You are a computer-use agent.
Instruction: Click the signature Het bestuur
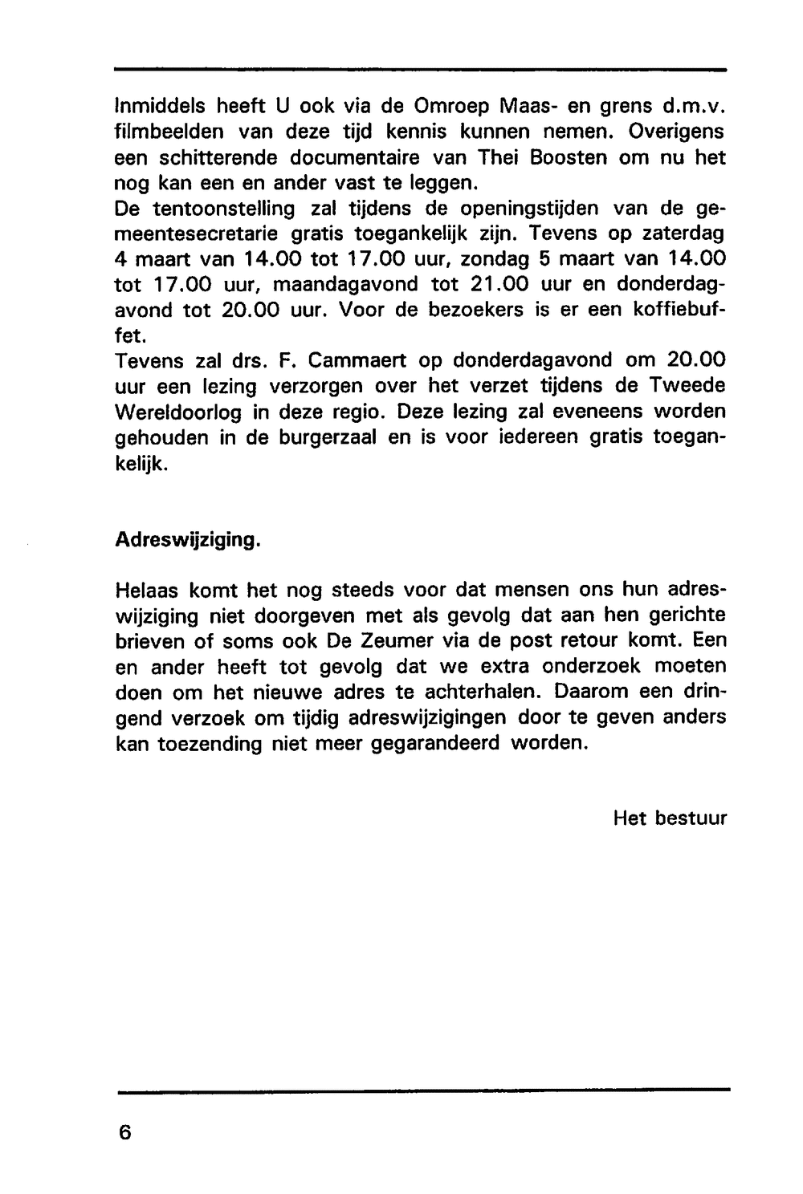pos(670,818)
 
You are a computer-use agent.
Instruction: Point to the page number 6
pos(124,1132)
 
